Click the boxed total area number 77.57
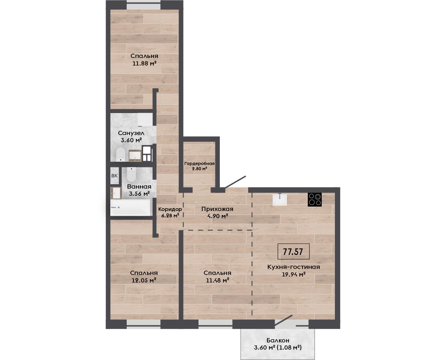coord(293,252)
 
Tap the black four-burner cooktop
coord(315,200)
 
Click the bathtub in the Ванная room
coord(131,208)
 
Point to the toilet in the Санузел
coord(120,154)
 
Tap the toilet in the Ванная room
coord(131,174)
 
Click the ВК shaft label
coord(114,176)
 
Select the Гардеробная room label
coord(199,164)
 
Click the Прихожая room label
coord(217,209)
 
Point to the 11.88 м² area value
coord(145,64)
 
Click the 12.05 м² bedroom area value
coord(144,280)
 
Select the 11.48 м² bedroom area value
coord(217,280)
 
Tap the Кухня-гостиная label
coord(294,267)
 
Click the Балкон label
coord(278,340)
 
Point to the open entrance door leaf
coord(235,182)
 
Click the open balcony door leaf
coord(284,320)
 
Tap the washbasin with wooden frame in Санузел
coord(135,155)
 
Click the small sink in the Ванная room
coord(116,193)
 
